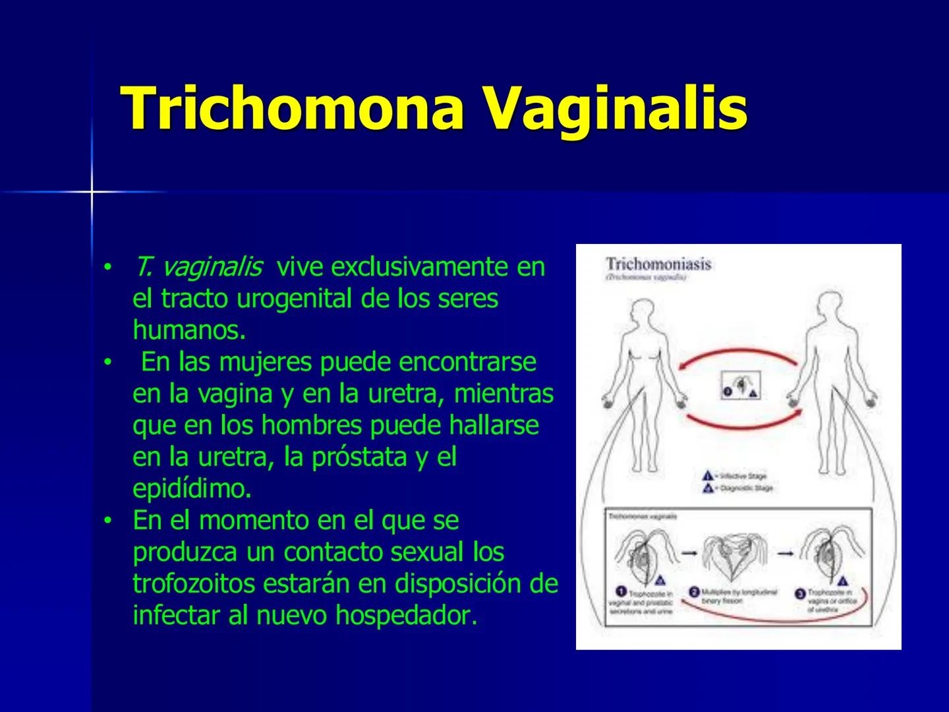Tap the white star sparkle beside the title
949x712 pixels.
(92, 192)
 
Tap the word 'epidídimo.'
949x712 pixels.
(192, 489)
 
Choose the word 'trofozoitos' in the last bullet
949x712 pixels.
(192, 583)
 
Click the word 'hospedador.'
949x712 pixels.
(405, 615)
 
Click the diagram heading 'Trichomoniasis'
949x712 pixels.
(658, 264)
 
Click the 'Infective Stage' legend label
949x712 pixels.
(743, 475)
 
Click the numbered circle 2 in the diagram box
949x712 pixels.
(694, 592)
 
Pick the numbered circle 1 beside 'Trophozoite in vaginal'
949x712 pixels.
(620, 591)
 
